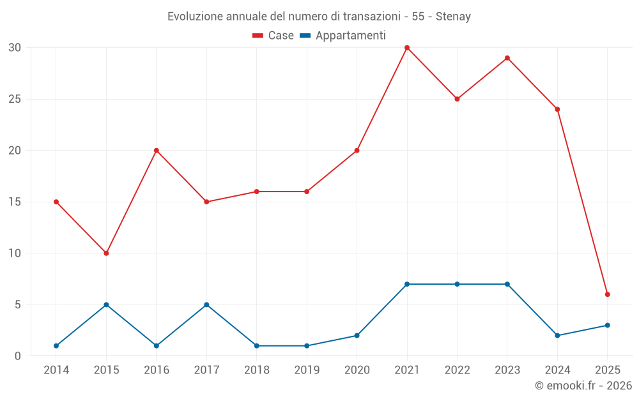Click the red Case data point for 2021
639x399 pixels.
point(407,48)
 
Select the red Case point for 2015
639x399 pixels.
point(106,253)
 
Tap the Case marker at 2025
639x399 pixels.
point(608,294)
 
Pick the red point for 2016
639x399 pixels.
point(157,151)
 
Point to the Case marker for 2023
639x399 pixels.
point(507,58)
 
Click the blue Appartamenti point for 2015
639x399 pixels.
point(106,305)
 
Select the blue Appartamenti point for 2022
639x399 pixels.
point(457,284)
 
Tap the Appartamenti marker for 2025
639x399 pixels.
point(608,326)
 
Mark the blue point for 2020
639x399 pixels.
point(357,336)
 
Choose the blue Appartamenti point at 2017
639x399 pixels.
point(206,305)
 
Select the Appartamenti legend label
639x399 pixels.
point(350,36)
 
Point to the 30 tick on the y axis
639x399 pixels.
point(15,48)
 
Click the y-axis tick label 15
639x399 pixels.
point(15,202)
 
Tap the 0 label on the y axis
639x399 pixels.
point(18,356)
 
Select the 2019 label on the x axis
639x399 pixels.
point(307,370)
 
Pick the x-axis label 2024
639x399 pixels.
point(557,370)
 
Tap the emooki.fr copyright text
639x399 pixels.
point(583,386)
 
